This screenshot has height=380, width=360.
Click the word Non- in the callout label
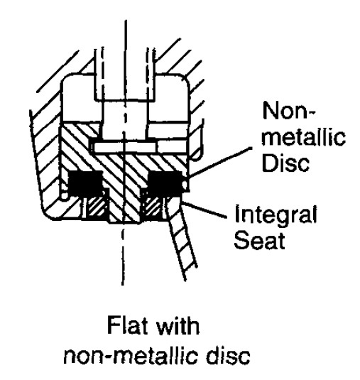(289, 112)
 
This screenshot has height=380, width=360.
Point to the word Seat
(259, 240)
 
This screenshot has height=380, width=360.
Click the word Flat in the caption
(127, 325)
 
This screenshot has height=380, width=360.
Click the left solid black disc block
(86, 183)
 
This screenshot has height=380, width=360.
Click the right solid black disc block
(165, 183)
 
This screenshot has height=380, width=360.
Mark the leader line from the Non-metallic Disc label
(221, 161)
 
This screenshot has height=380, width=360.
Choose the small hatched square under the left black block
(96, 206)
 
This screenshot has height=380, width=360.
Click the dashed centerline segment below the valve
(123, 257)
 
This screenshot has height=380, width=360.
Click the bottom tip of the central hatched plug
(124, 222)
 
